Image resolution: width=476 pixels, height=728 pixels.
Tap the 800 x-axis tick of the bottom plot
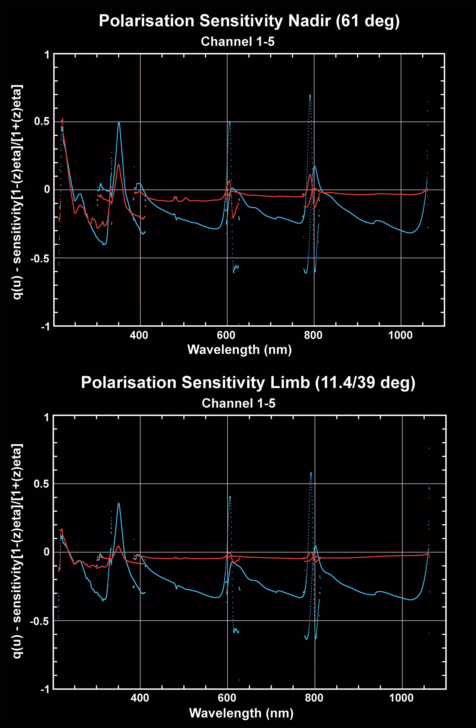pos(314,698)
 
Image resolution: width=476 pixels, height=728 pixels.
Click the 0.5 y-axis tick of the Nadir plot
pos(42,121)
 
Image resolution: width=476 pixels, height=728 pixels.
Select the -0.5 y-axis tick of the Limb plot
pos(40,621)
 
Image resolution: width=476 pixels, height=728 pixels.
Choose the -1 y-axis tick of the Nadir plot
pos(45,326)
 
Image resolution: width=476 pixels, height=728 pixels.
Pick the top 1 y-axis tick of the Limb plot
pos(47,417)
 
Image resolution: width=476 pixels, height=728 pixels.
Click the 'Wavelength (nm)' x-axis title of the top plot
pos(239,349)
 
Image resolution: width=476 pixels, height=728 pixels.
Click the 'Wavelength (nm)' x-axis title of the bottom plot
pos(241,713)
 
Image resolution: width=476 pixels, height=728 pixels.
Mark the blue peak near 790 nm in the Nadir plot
pos(310,95)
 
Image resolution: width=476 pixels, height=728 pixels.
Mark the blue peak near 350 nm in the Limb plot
pos(119,503)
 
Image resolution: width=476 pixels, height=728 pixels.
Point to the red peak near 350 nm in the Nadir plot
pos(118,165)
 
